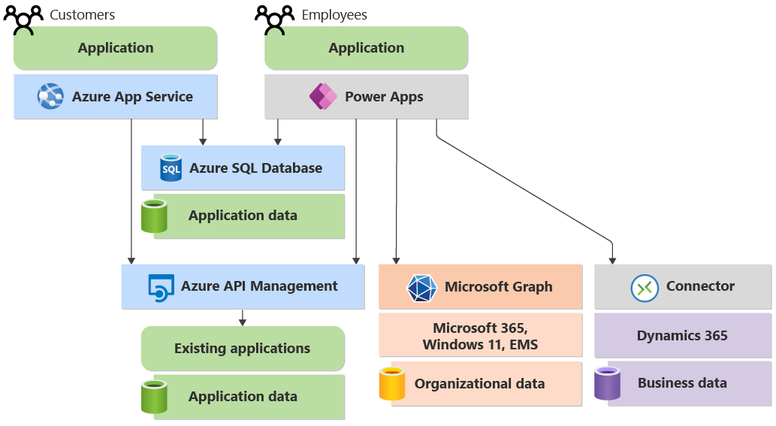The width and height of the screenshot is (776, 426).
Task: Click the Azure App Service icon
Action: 51,96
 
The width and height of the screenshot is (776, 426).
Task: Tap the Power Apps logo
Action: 323,96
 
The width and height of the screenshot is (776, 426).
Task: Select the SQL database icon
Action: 171,168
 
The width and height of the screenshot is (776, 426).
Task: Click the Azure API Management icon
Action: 161,287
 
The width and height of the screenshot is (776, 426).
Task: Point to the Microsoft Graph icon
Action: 421,288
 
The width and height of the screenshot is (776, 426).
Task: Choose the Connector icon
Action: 645,287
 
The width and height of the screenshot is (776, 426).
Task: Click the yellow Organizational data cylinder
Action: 392,383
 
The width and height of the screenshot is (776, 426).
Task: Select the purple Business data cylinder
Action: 607,383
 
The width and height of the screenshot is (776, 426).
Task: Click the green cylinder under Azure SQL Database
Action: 154,216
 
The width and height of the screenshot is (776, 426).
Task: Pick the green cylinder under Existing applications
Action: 154,397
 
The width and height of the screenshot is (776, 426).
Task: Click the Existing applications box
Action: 243,349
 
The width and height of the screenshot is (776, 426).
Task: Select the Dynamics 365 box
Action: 682,336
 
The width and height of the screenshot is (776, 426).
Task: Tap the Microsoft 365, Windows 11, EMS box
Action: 480,336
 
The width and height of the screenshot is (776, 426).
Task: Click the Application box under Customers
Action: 116,48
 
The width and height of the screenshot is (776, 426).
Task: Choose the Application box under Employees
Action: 367,48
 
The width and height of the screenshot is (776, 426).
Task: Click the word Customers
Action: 83,15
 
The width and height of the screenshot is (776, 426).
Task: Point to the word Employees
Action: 334,15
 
